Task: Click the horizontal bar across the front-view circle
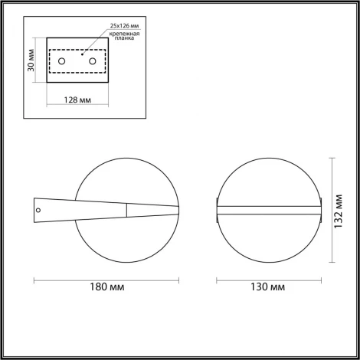(x=267, y=208)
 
